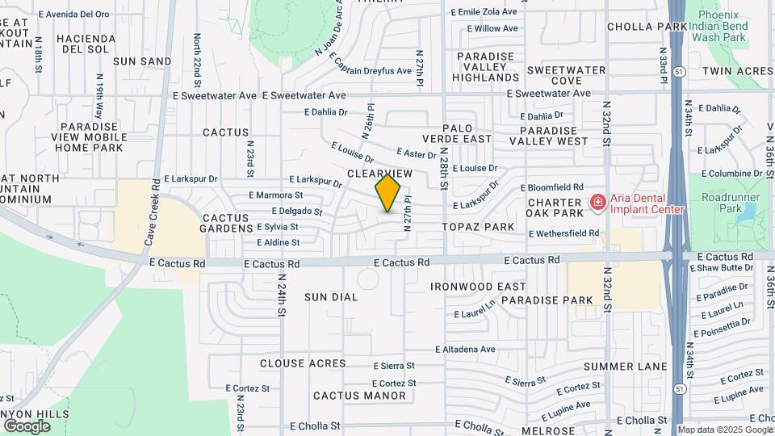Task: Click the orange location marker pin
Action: click(388, 193)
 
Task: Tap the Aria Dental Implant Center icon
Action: click(597, 202)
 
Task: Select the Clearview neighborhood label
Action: click(379, 174)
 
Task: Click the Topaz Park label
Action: click(479, 227)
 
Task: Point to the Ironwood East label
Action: click(478, 287)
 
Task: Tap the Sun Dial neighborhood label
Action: click(331, 297)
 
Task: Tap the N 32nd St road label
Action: click(606, 123)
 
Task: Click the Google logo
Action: click(26, 426)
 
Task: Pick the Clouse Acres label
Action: click(303, 363)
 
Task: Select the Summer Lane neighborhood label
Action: click(625, 367)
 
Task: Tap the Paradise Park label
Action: click(547, 300)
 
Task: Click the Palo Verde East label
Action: click(467, 133)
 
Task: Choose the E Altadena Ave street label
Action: click(465, 350)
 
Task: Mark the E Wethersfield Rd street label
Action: click(563, 233)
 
